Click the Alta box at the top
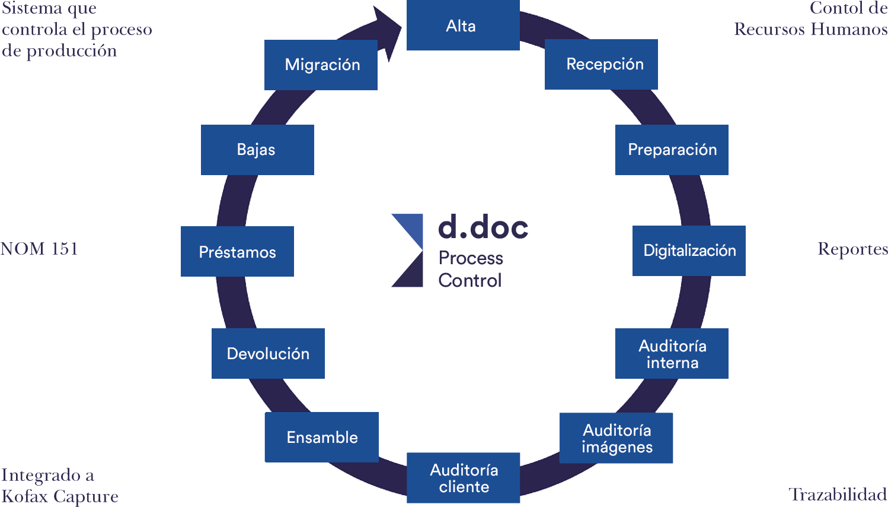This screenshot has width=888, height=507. click(x=463, y=26)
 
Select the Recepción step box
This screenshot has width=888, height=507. click(x=601, y=64)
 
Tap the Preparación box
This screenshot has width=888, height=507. click(x=672, y=150)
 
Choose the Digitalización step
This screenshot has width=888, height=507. click(x=689, y=251)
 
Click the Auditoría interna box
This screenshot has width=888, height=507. click(x=672, y=354)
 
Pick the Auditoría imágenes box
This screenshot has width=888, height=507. click(x=616, y=438)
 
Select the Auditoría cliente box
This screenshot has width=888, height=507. click(x=463, y=478)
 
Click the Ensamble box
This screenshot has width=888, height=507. click(x=321, y=438)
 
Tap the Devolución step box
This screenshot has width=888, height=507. click(x=268, y=354)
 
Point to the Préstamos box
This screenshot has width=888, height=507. click(x=237, y=252)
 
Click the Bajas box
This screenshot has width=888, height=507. click(x=257, y=150)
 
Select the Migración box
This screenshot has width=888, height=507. click(x=321, y=65)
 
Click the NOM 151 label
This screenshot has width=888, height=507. click(x=39, y=248)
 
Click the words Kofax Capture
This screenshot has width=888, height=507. click(x=59, y=496)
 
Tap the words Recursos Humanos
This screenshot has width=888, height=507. click(x=817, y=29)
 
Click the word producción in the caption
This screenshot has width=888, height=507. click(x=71, y=51)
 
